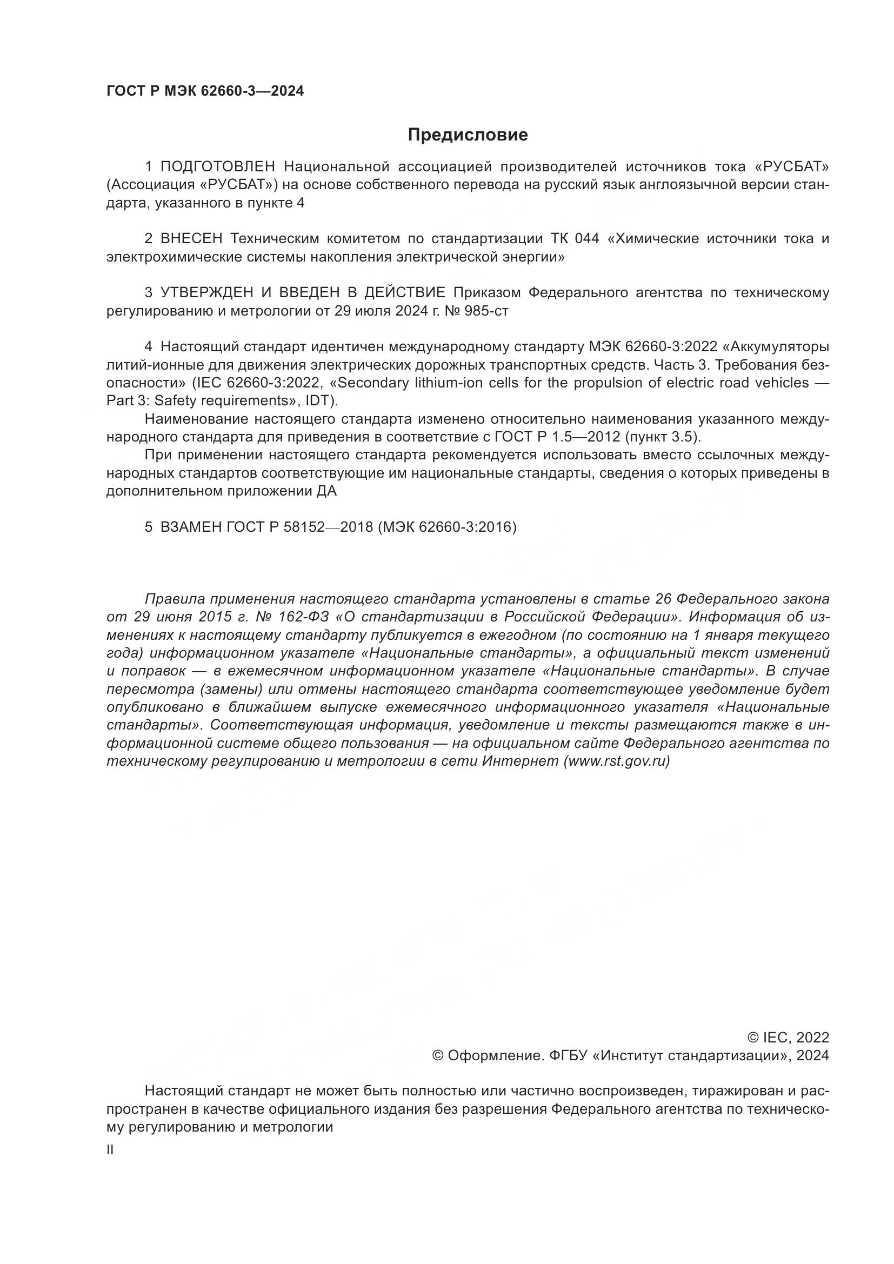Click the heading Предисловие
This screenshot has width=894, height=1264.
tap(468, 135)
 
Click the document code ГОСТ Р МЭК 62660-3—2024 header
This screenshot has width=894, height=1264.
tap(205, 91)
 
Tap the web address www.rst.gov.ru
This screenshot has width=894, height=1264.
tap(615, 761)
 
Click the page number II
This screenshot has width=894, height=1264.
tap(110, 1150)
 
